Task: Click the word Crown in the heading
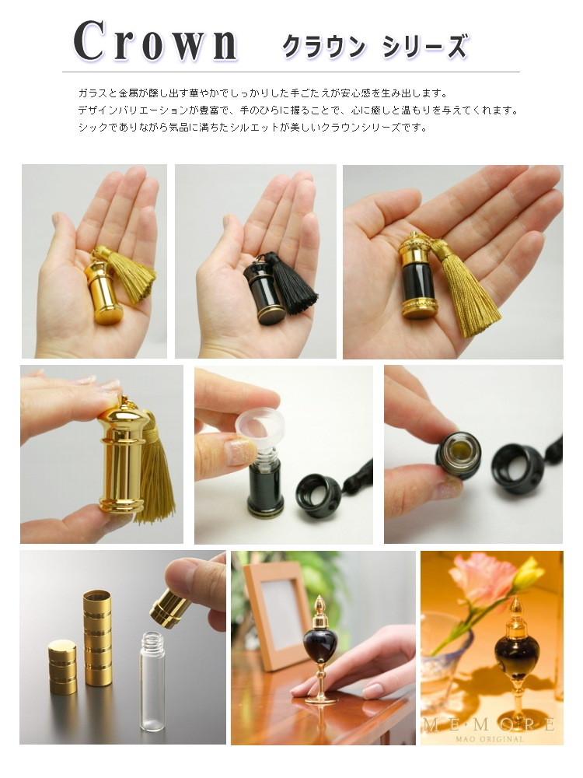155,42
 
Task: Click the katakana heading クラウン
323,47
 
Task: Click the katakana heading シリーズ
425,47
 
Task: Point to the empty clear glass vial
152,680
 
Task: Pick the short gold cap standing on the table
62,666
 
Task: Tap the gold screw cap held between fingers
170,608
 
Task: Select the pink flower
482,579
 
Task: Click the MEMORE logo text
488,725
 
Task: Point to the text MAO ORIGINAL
490,739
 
